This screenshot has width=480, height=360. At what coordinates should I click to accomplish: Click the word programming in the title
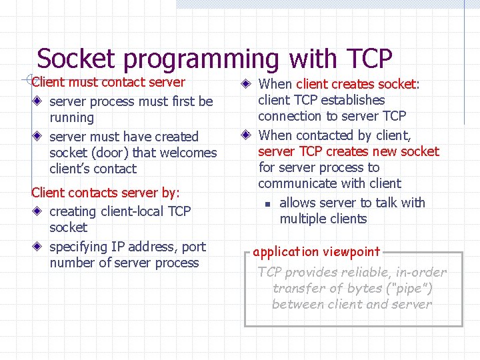(202, 60)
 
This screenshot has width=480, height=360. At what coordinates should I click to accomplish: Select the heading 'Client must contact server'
(109, 83)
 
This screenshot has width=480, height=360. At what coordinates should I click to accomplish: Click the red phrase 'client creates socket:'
(358, 84)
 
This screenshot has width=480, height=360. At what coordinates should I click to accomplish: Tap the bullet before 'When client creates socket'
(247, 85)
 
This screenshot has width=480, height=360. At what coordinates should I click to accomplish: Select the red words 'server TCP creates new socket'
(349, 151)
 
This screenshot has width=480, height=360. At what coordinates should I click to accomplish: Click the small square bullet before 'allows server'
(265, 204)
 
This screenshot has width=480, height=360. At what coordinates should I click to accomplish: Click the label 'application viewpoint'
(317, 252)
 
